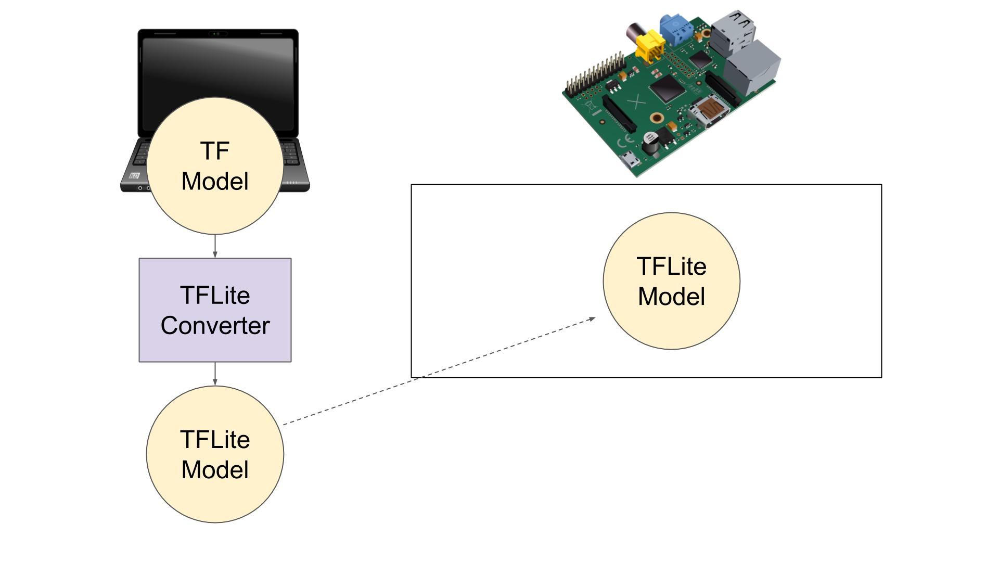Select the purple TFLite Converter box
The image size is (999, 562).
(215, 310)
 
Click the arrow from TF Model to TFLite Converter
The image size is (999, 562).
(215, 246)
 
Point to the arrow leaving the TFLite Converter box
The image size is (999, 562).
(215, 374)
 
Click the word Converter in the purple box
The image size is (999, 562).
(215, 326)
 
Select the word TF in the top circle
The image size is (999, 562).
(214, 151)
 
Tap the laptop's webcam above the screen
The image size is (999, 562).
(217, 34)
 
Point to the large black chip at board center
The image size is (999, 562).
(666, 88)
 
